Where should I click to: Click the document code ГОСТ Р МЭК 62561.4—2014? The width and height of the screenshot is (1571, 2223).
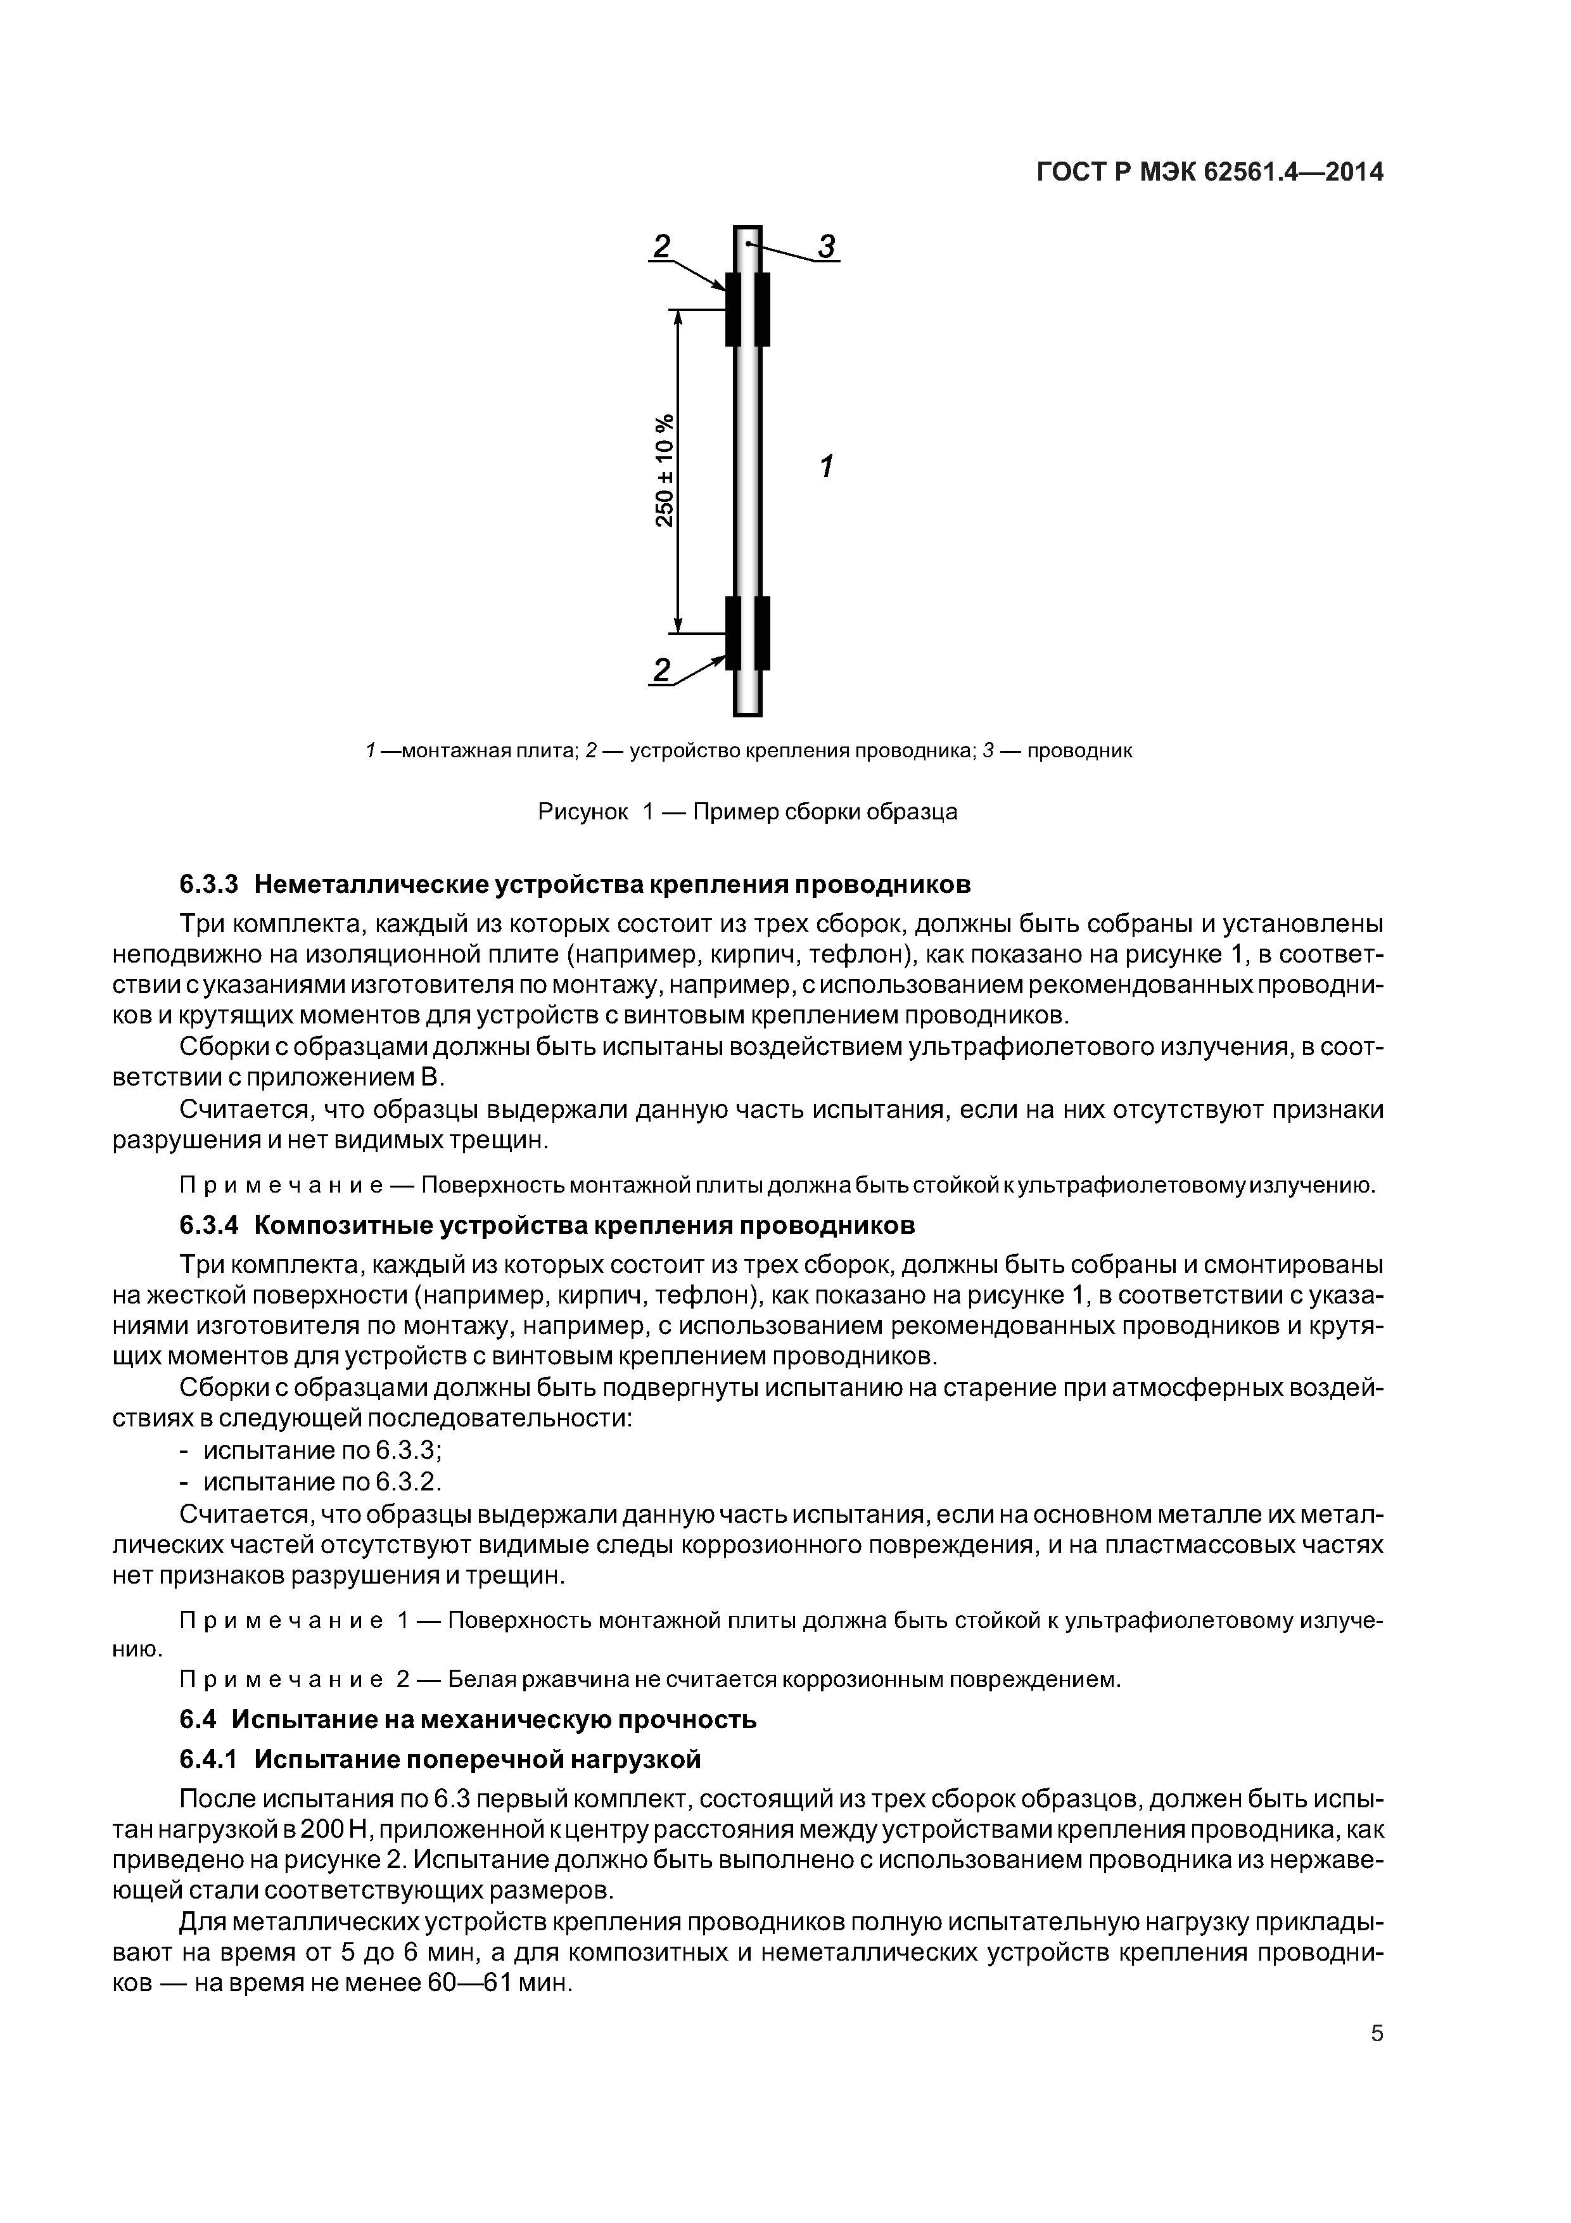(x=1209, y=172)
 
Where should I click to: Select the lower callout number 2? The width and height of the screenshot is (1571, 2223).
(x=662, y=669)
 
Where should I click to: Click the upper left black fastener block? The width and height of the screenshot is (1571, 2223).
(x=733, y=309)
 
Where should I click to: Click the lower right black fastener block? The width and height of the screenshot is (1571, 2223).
(x=763, y=633)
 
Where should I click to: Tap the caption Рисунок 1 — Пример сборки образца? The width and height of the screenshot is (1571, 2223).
(x=747, y=811)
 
